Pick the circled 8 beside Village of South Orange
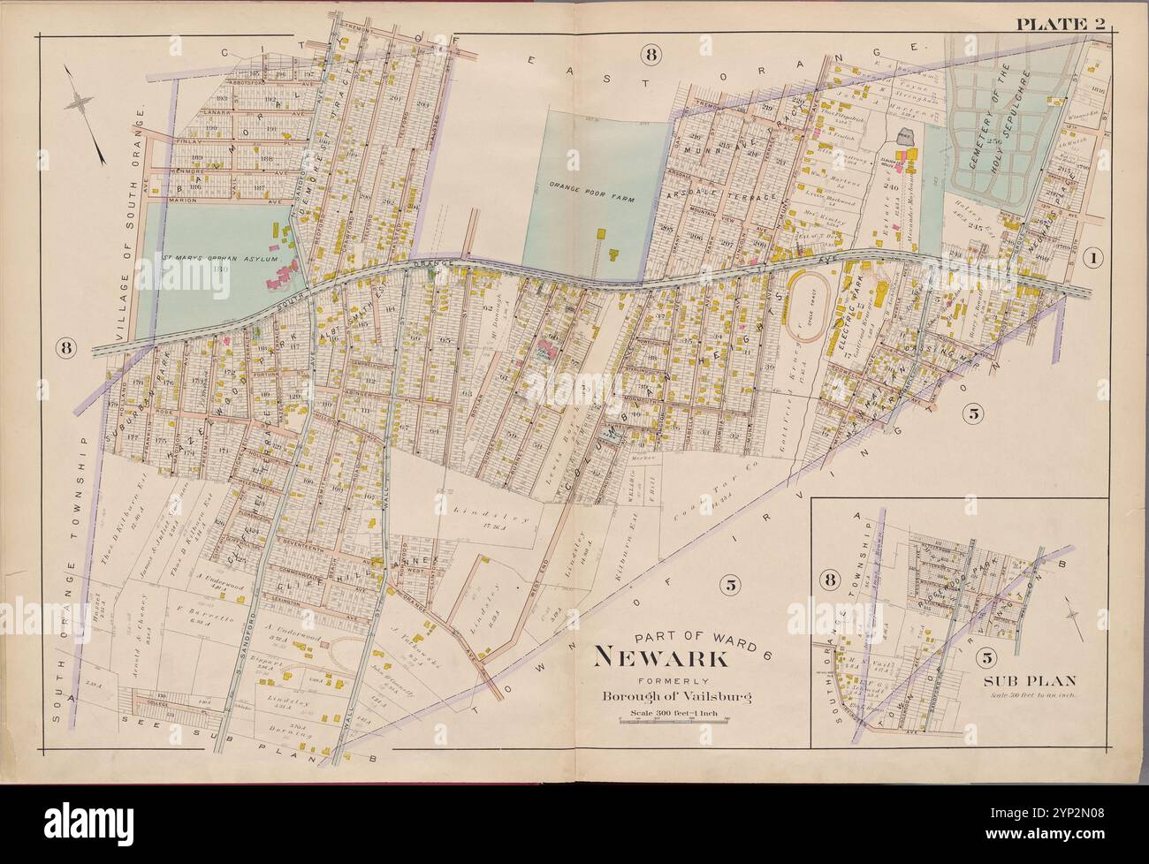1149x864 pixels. tap(66, 347)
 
